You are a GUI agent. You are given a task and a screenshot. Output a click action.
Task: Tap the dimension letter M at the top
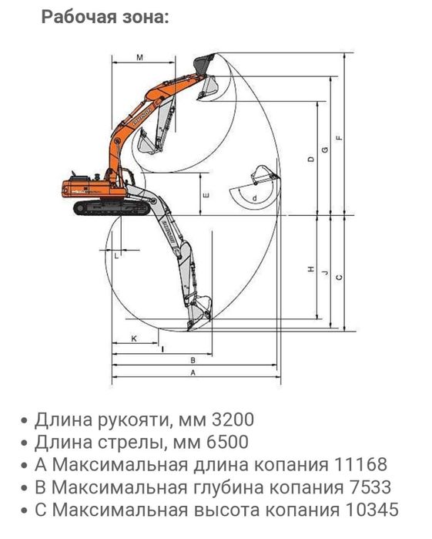[139, 58]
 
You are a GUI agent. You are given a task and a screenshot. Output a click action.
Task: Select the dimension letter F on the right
[339, 138]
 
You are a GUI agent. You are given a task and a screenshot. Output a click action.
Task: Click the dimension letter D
[310, 160]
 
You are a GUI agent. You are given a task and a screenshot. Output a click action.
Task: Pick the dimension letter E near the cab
[205, 195]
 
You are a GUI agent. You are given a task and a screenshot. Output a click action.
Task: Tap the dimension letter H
[310, 270]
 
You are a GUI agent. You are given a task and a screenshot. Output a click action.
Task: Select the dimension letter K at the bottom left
[132, 339]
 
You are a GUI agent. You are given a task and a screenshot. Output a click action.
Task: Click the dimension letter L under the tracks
[116, 254]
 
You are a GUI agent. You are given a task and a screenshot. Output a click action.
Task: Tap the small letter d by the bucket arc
[254, 197]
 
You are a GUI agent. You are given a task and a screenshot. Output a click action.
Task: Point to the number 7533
[358, 487]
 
